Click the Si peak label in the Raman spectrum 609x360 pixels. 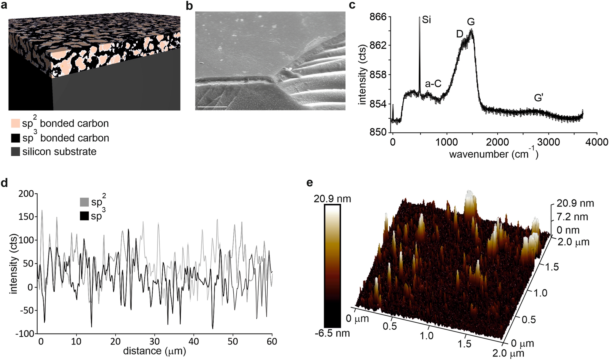click(x=426, y=20)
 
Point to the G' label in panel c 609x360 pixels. click(x=538, y=98)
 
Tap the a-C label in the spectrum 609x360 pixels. click(x=433, y=83)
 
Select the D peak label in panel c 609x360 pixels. click(x=460, y=34)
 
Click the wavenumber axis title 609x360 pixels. click(x=494, y=154)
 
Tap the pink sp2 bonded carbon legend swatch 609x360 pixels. click(x=15, y=124)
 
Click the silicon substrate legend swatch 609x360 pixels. click(x=15, y=151)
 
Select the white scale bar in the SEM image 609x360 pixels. click(x=212, y=107)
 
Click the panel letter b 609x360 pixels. click(x=189, y=6)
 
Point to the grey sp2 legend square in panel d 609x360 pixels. click(x=84, y=202)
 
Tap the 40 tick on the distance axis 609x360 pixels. click(x=194, y=341)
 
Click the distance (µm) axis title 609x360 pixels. click(x=154, y=351)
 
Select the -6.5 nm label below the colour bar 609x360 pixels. click(x=332, y=333)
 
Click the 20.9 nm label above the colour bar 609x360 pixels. click(x=332, y=199)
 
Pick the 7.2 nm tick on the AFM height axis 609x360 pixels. click(x=572, y=217)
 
